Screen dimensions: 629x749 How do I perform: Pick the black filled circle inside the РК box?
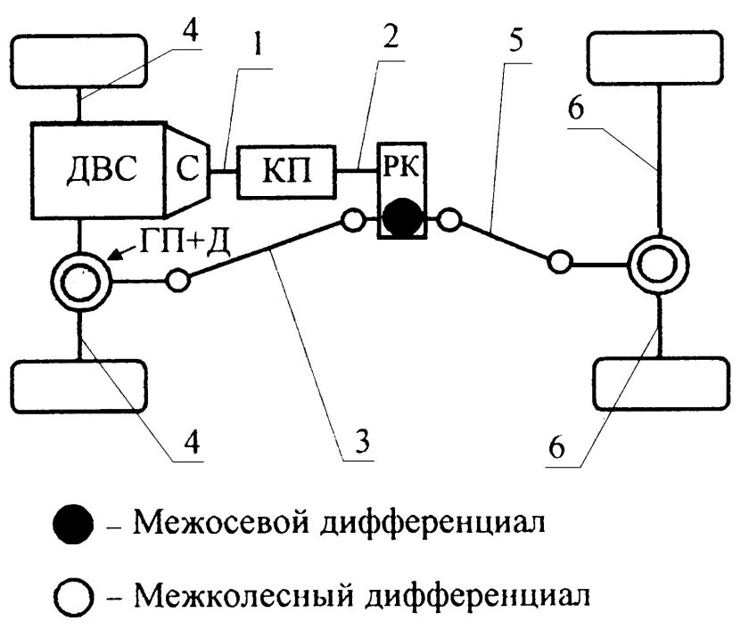pyautogui.click(x=401, y=217)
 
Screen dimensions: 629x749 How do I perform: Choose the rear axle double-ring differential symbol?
pyautogui.click(x=660, y=264)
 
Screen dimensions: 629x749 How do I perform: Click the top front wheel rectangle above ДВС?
pyautogui.click(x=80, y=61)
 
